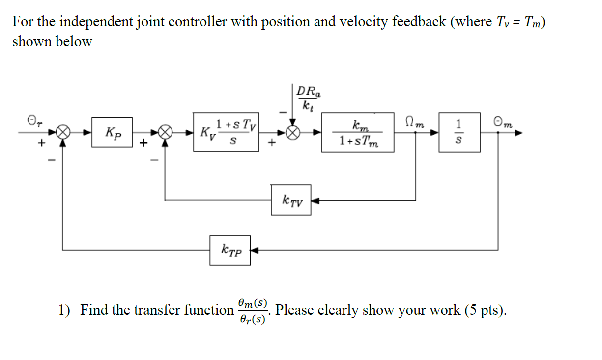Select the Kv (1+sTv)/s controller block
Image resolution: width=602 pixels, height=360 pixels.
click(228, 132)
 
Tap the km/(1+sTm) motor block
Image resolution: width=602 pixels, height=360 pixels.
click(358, 132)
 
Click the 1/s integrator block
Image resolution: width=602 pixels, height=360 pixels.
click(460, 132)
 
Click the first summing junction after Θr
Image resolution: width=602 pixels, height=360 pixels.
click(62, 132)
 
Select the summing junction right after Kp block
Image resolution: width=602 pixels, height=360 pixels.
click(166, 132)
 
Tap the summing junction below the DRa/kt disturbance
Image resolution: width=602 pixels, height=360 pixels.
click(293, 132)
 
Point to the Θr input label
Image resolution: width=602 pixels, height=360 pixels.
click(31, 120)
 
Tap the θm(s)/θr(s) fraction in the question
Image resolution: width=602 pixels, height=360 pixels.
click(252, 311)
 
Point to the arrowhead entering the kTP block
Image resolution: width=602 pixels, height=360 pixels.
click(255, 250)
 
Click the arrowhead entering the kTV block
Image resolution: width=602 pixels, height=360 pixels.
click(315, 200)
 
